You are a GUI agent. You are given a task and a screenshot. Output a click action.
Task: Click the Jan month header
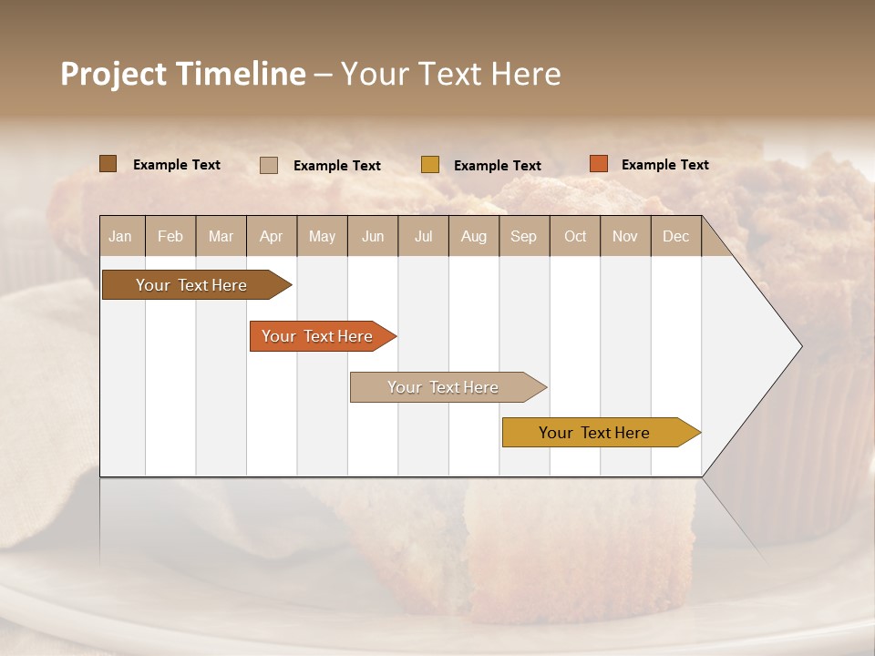[x=120, y=236]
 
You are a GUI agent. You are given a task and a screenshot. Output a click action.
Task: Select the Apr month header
[x=272, y=236]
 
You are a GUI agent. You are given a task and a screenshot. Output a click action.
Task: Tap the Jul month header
[x=423, y=236]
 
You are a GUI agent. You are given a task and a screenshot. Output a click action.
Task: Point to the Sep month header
[x=523, y=236]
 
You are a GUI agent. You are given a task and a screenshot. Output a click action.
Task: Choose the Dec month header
[x=675, y=236]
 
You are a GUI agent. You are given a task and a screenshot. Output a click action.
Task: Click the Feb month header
[x=170, y=236]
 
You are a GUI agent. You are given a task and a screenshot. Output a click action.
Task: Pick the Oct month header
[x=575, y=236]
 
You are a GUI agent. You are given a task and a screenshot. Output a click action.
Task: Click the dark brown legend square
[x=108, y=164]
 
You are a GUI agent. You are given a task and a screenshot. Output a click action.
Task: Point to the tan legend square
[x=269, y=165]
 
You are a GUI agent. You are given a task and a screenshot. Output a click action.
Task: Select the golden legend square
[x=430, y=165]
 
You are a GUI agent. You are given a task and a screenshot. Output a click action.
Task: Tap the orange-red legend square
[x=598, y=164]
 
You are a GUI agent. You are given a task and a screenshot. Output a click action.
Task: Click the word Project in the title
[x=113, y=74]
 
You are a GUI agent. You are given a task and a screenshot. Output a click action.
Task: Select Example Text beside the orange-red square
[x=664, y=164]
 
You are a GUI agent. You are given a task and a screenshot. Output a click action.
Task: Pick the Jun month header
[x=373, y=236]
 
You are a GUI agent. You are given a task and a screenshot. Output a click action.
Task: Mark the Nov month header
[x=625, y=236]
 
